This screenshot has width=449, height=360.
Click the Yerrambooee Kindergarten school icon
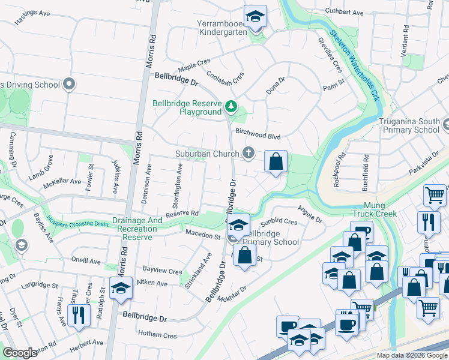[x=255, y=16]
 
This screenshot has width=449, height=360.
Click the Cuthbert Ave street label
[x=345, y=12]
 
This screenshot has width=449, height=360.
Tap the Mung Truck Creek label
[x=377, y=209]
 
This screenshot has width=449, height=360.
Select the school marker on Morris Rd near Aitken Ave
[x=121, y=289]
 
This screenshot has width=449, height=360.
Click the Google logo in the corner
[x=20, y=352]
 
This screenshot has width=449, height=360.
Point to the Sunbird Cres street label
[x=279, y=221]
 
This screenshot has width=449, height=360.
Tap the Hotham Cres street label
[x=157, y=334]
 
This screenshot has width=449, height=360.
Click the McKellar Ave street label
[x=62, y=181]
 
